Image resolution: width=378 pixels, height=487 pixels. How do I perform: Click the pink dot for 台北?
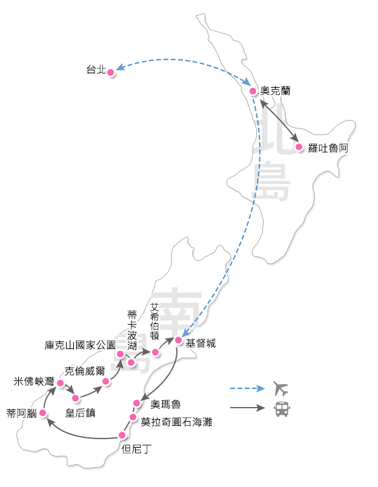[110, 72]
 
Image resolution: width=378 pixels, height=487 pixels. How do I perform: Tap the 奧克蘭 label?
[275, 91]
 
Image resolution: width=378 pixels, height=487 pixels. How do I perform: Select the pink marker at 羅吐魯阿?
[298, 147]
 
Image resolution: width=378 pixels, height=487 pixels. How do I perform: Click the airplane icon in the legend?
[280, 388]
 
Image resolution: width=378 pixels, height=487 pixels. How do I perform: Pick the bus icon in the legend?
[282, 409]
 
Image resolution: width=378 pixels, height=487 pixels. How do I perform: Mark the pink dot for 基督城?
[179, 340]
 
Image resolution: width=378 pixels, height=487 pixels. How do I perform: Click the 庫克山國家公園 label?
[80, 345]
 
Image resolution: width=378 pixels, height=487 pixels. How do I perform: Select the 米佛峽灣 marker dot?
[60, 383]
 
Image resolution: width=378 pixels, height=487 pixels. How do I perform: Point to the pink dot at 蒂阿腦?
[42, 413]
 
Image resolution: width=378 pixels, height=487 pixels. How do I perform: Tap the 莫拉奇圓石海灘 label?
[176, 422]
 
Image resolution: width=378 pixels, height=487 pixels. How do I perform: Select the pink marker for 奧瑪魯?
[136, 403]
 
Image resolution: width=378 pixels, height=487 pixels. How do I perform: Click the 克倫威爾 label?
[85, 370]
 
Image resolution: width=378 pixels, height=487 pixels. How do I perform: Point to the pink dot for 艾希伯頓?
[155, 353]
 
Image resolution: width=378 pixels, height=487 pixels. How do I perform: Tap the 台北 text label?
[96, 70]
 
